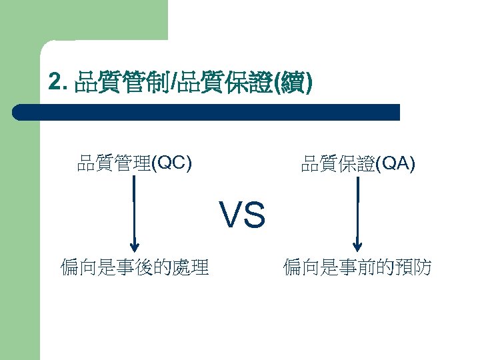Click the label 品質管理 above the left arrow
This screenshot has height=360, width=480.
114,163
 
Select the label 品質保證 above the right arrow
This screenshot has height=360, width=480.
338,163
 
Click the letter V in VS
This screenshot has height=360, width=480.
231,215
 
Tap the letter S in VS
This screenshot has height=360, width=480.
255,215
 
